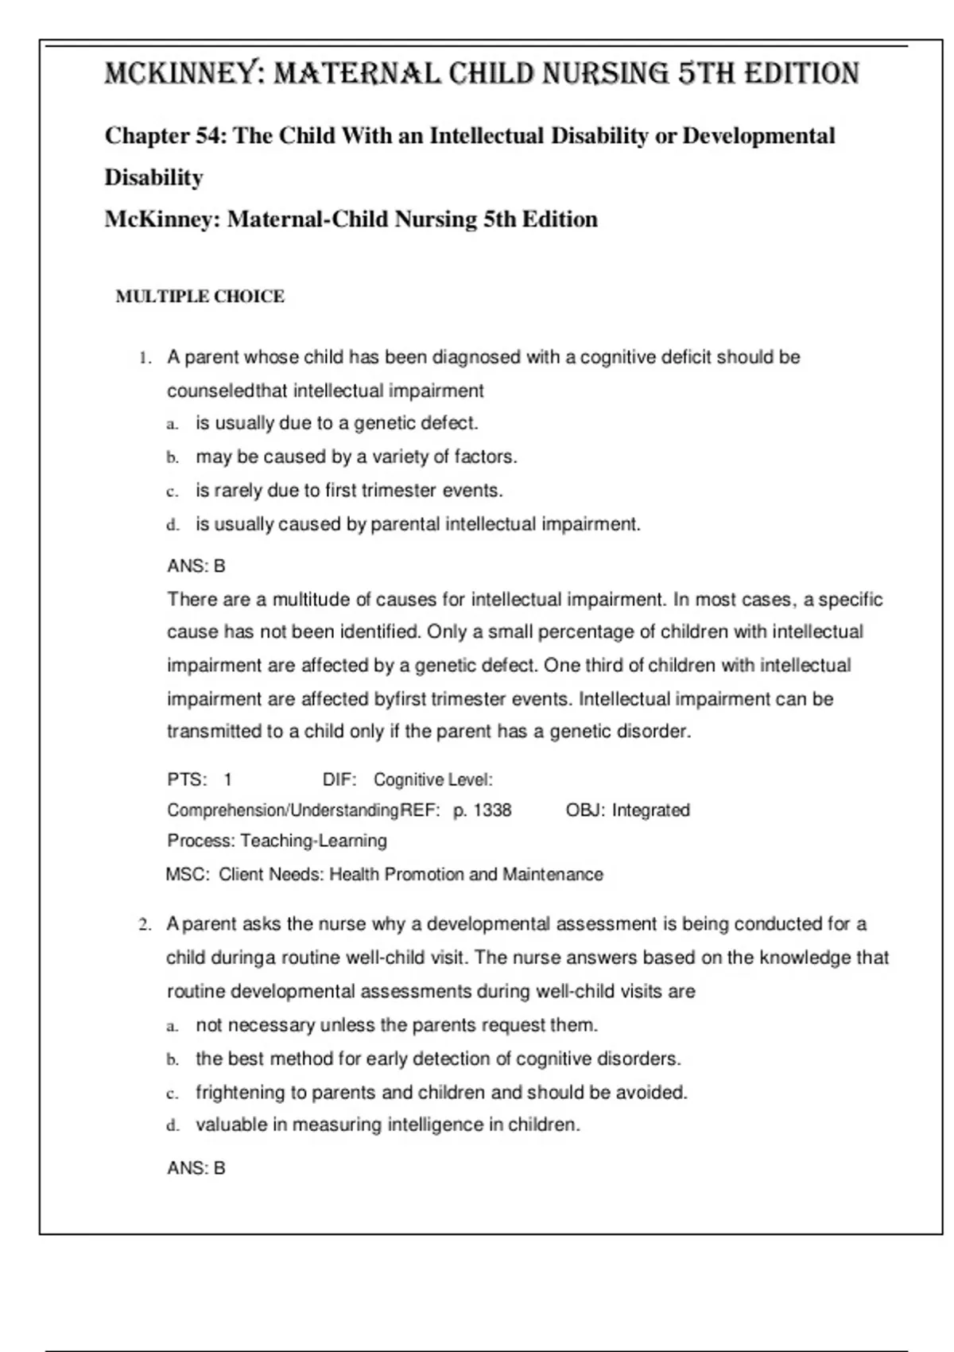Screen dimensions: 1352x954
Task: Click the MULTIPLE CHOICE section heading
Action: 200,297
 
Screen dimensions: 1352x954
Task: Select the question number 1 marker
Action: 145,358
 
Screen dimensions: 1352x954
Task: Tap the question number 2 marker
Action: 145,925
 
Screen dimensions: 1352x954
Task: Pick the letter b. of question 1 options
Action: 173,457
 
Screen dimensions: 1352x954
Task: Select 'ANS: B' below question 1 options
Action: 196,566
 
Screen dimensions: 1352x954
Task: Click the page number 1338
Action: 492,810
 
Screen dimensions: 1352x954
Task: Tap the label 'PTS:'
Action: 187,780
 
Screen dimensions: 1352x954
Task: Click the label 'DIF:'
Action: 339,780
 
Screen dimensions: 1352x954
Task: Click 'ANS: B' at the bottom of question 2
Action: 196,1168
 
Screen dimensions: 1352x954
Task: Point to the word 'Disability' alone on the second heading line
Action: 154,177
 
